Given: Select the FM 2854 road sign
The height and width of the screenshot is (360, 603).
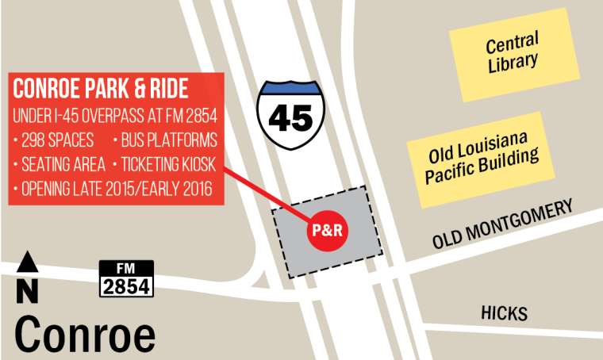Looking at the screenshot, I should click(125, 278).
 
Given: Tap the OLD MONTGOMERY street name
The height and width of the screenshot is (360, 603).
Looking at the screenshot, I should click(502, 227).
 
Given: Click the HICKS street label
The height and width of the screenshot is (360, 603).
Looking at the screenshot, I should click(504, 314).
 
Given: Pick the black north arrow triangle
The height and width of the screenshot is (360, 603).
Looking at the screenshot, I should click(28, 262).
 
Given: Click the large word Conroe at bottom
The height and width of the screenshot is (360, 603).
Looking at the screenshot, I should click(85, 333).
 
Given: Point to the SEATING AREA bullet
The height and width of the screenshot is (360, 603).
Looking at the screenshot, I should click(59, 166).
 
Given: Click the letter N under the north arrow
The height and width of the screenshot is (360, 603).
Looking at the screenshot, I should click(28, 291).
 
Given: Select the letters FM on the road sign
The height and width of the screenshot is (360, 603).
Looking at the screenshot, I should click(125, 268).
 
